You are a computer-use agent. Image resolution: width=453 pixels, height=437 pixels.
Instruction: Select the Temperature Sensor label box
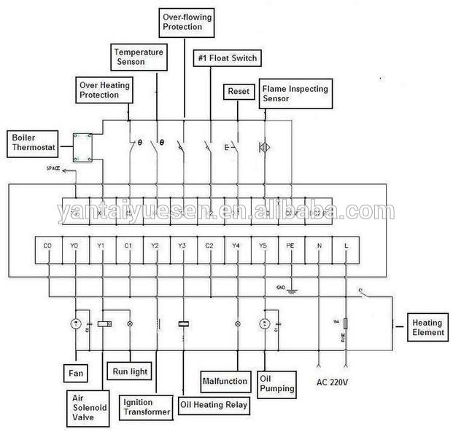(139, 57)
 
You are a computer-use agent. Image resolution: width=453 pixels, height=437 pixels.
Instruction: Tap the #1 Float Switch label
(226, 58)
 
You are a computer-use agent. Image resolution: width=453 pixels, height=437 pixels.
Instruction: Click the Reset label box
(238, 92)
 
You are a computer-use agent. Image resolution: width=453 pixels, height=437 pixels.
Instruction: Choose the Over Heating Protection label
(104, 90)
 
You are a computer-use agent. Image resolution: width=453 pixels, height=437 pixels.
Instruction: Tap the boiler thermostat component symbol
(82, 147)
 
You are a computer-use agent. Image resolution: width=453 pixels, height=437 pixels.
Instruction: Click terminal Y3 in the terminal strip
(183, 246)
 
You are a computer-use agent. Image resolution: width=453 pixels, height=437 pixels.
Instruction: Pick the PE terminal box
(291, 246)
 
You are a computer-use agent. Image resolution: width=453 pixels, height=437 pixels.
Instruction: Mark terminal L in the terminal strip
(346, 246)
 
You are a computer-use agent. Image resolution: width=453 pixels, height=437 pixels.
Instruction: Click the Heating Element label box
(427, 327)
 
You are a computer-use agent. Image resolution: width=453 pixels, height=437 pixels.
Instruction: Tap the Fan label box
(76, 374)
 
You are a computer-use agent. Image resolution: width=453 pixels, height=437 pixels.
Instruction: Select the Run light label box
(129, 371)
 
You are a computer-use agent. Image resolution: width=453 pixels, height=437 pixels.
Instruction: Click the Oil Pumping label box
(277, 383)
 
